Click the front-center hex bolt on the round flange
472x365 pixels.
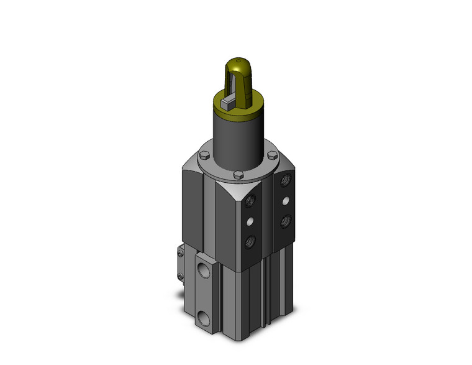point(238,176)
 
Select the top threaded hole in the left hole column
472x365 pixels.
point(250,201)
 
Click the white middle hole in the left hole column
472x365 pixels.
point(250,221)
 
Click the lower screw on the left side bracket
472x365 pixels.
point(181,277)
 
